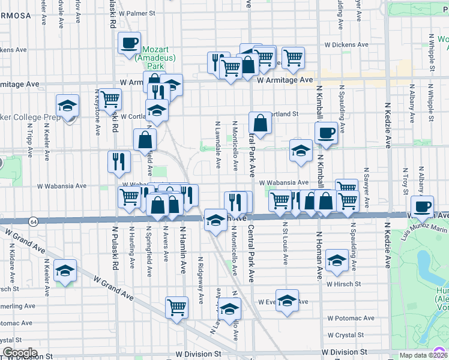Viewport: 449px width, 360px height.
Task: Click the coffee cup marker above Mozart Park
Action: click(x=129, y=43)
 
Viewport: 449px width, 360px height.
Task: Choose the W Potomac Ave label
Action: click(x=351, y=318)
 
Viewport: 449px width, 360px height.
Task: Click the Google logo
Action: click(x=20, y=352)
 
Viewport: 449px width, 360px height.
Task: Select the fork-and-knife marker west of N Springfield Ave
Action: click(x=119, y=161)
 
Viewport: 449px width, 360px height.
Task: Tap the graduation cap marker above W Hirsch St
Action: click(x=337, y=260)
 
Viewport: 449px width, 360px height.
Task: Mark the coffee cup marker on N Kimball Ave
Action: click(x=326, y=133)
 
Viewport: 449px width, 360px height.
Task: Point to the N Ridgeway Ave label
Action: click(x=200, y=278)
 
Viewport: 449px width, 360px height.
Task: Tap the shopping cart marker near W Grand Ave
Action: click(x=177, y=307)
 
